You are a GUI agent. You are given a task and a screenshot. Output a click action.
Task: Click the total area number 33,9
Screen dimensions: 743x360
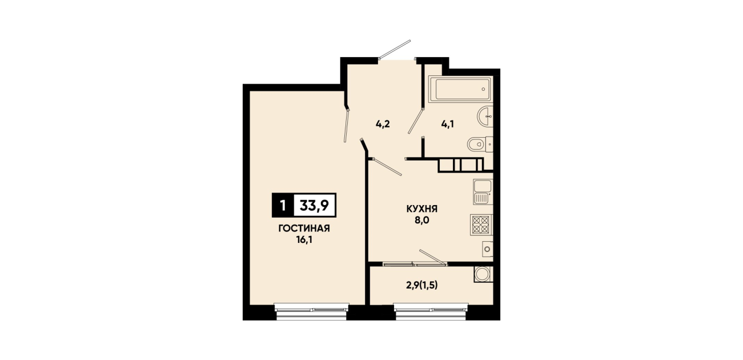tap(314, 205)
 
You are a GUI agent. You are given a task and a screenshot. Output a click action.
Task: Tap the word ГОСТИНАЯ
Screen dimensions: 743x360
tap(304, 229)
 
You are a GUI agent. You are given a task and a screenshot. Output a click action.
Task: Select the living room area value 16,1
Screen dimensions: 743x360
tap(304, 240)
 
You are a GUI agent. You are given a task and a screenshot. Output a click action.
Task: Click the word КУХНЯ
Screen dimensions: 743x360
tap(422, 209)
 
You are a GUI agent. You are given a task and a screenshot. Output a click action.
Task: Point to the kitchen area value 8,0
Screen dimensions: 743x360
tap(421, 220)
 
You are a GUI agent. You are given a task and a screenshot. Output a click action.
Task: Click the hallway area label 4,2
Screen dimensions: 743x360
tap(383, 125)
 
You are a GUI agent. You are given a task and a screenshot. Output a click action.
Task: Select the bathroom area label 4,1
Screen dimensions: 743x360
tap(448, 125)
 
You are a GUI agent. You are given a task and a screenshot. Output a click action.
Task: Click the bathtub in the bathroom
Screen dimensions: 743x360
tap(460, 89)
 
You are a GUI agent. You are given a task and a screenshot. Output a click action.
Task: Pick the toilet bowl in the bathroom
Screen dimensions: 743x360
tap(480, 145)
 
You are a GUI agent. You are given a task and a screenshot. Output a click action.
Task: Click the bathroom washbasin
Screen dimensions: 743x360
tap(485, 116)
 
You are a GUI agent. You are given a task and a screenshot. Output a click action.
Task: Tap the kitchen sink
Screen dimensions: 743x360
tap(483, 191)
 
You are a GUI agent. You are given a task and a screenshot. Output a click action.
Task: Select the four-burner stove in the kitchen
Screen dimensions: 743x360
tap(481, 225)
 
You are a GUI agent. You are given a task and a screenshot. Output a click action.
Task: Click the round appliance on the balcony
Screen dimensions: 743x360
tap(483, 274)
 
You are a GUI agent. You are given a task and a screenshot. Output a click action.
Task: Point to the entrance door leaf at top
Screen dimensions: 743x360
tap(395, 50)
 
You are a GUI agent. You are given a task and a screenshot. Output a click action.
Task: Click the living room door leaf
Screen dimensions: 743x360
tap(347, 126)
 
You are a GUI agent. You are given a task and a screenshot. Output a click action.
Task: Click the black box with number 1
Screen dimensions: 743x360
tap(283, 205)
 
